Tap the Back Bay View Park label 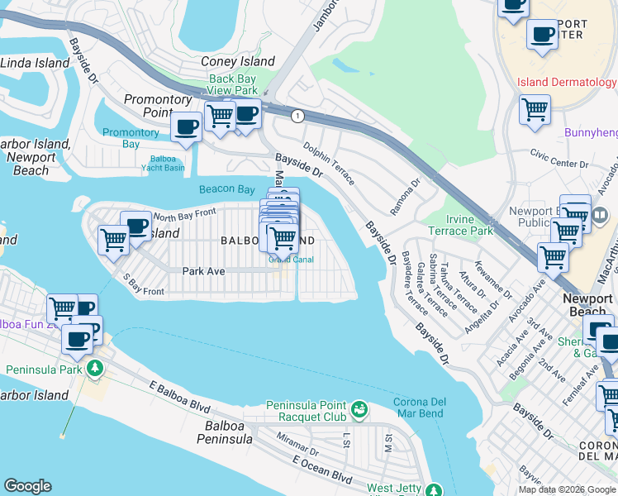coord(233,85)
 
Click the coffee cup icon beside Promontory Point coord(186,127)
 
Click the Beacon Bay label coord(227,189)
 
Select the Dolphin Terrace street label coord(328,163)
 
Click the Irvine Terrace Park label coord(459,225)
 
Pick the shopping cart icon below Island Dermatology coord(535,108)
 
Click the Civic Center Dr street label coord(559,158)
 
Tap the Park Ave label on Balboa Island coord(203,270)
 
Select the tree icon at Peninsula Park coord(97,369)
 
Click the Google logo coord(27,486)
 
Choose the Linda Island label coord(35,63)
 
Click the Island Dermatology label coord(567,82)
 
